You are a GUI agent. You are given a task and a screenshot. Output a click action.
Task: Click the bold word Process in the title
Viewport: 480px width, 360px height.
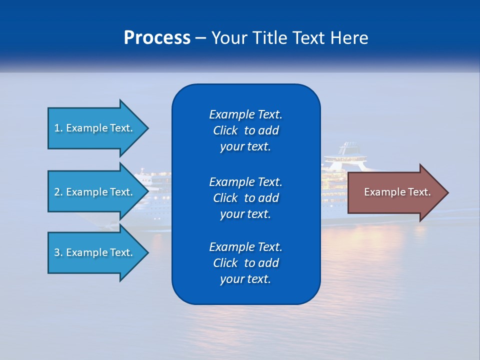[x=157, y=38]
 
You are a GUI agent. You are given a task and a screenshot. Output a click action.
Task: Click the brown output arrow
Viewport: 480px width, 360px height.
[x=395, y=192]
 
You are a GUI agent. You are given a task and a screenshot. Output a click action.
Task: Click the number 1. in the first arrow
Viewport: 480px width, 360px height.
[x=58, y=128]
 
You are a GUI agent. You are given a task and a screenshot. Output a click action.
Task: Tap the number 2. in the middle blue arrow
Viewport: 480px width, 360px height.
[x=58, y=192]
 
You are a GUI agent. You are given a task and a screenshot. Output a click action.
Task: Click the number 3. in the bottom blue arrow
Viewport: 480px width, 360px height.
[x=58, y=253]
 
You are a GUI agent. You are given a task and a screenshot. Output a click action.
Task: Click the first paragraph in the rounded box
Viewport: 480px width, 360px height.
[x=245, y=130]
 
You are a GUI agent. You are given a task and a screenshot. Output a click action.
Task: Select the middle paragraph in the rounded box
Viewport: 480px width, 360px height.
[x=245, y=197]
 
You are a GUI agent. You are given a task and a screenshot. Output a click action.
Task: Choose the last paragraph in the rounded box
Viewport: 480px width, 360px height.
[x=245, y=263]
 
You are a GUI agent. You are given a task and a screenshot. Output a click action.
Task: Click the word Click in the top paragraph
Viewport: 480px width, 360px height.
[x=225, y=131]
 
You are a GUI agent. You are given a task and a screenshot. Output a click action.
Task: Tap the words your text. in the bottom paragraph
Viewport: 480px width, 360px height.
[x=245, y=279]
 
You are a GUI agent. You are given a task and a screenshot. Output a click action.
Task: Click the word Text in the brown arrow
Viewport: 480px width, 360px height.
[x=419, y=192]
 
